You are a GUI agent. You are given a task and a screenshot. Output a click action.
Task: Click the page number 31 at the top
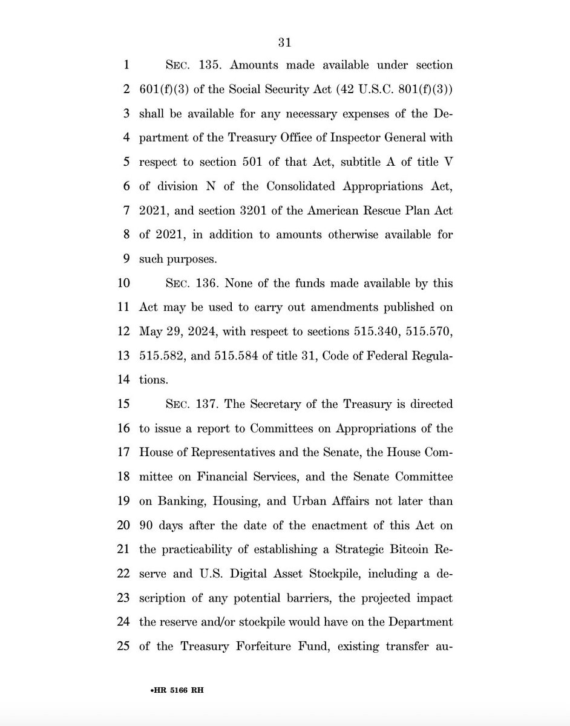tap(285, 42)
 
